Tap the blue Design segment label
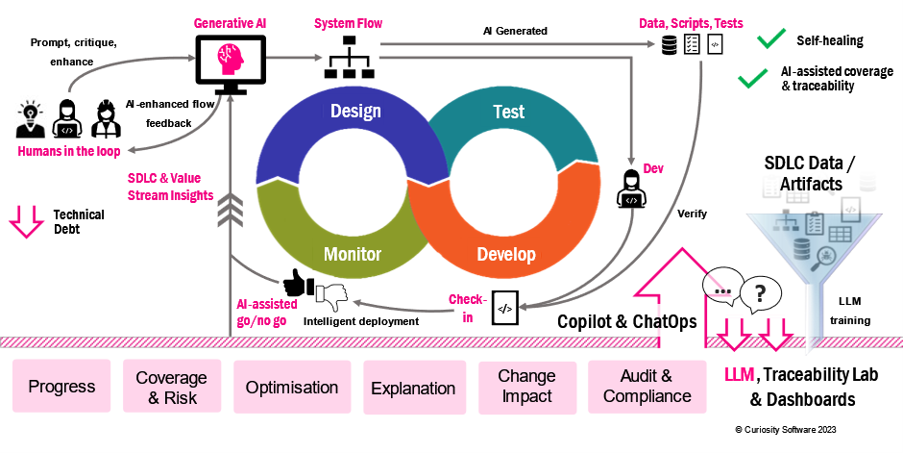click(x=355, y=111)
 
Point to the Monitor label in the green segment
click(x=352, y=255)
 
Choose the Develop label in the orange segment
click(x=506, y=256)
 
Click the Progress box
click(x=61, y=387)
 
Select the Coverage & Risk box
click(x=171, y=387)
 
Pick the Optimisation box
click(x=292, y=388)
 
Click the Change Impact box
click(x=526, y=388)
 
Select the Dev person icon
click(x=630, y=187)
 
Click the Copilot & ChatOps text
click(x=627, y=322)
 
